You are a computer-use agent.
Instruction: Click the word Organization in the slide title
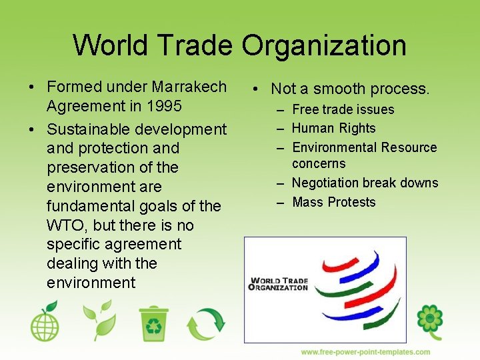(324, 45)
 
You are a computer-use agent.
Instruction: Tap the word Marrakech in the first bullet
(189, 87)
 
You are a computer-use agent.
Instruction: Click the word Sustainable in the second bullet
(89, 129)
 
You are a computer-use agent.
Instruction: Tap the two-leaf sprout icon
(97, 321)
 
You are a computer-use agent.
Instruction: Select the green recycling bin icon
(153, 324)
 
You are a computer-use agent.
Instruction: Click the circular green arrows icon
(206, 324)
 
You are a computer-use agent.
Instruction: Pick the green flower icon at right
(430, 321)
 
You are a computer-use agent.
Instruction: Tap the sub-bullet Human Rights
(334, 128)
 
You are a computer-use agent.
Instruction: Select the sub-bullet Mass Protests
(334, 202)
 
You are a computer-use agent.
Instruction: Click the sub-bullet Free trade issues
(343, 109)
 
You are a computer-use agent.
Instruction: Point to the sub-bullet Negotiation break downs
(365, 183)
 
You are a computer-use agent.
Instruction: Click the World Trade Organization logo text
(278, 284)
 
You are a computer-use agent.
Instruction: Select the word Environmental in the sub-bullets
(337, 147)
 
